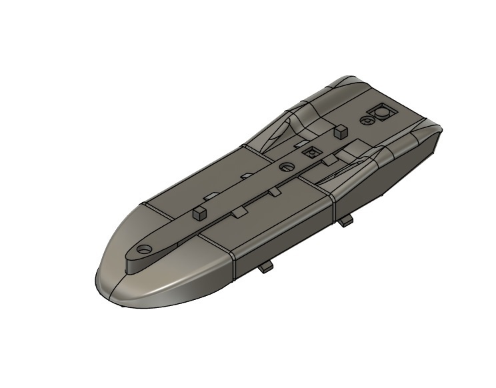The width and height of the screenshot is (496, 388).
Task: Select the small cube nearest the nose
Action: pos(197,213)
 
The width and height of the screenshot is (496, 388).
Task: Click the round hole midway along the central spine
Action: pos(287,167)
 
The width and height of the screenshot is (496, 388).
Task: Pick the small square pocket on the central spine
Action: pos(309,153)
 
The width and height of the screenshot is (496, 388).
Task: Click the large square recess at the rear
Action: pos(382,113)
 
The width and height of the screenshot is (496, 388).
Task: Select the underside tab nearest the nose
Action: pos(267,267)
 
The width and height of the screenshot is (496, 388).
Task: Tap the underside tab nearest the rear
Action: pos(345,221)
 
